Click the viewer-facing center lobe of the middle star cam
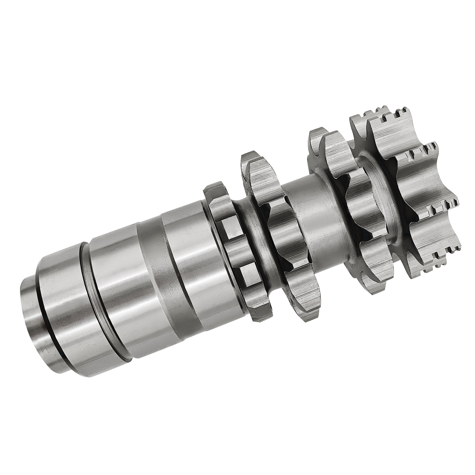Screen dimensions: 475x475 361,203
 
